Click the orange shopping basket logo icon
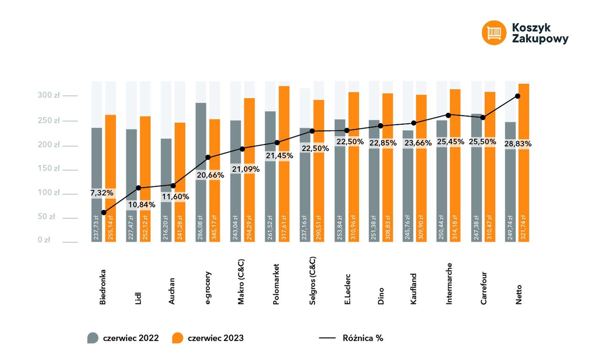(x=494, y=33)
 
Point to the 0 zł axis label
(x=44, y=240)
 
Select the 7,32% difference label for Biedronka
(x=102, y=193)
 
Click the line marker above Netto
(x=518, y=96)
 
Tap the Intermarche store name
(x=449, y=283)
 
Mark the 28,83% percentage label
(x=518, y=144)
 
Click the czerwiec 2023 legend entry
(x=208, y=338)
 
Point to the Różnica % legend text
(x=363, y=338)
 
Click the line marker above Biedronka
(x=104, y=212)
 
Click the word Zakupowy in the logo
(x=540, y=39)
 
